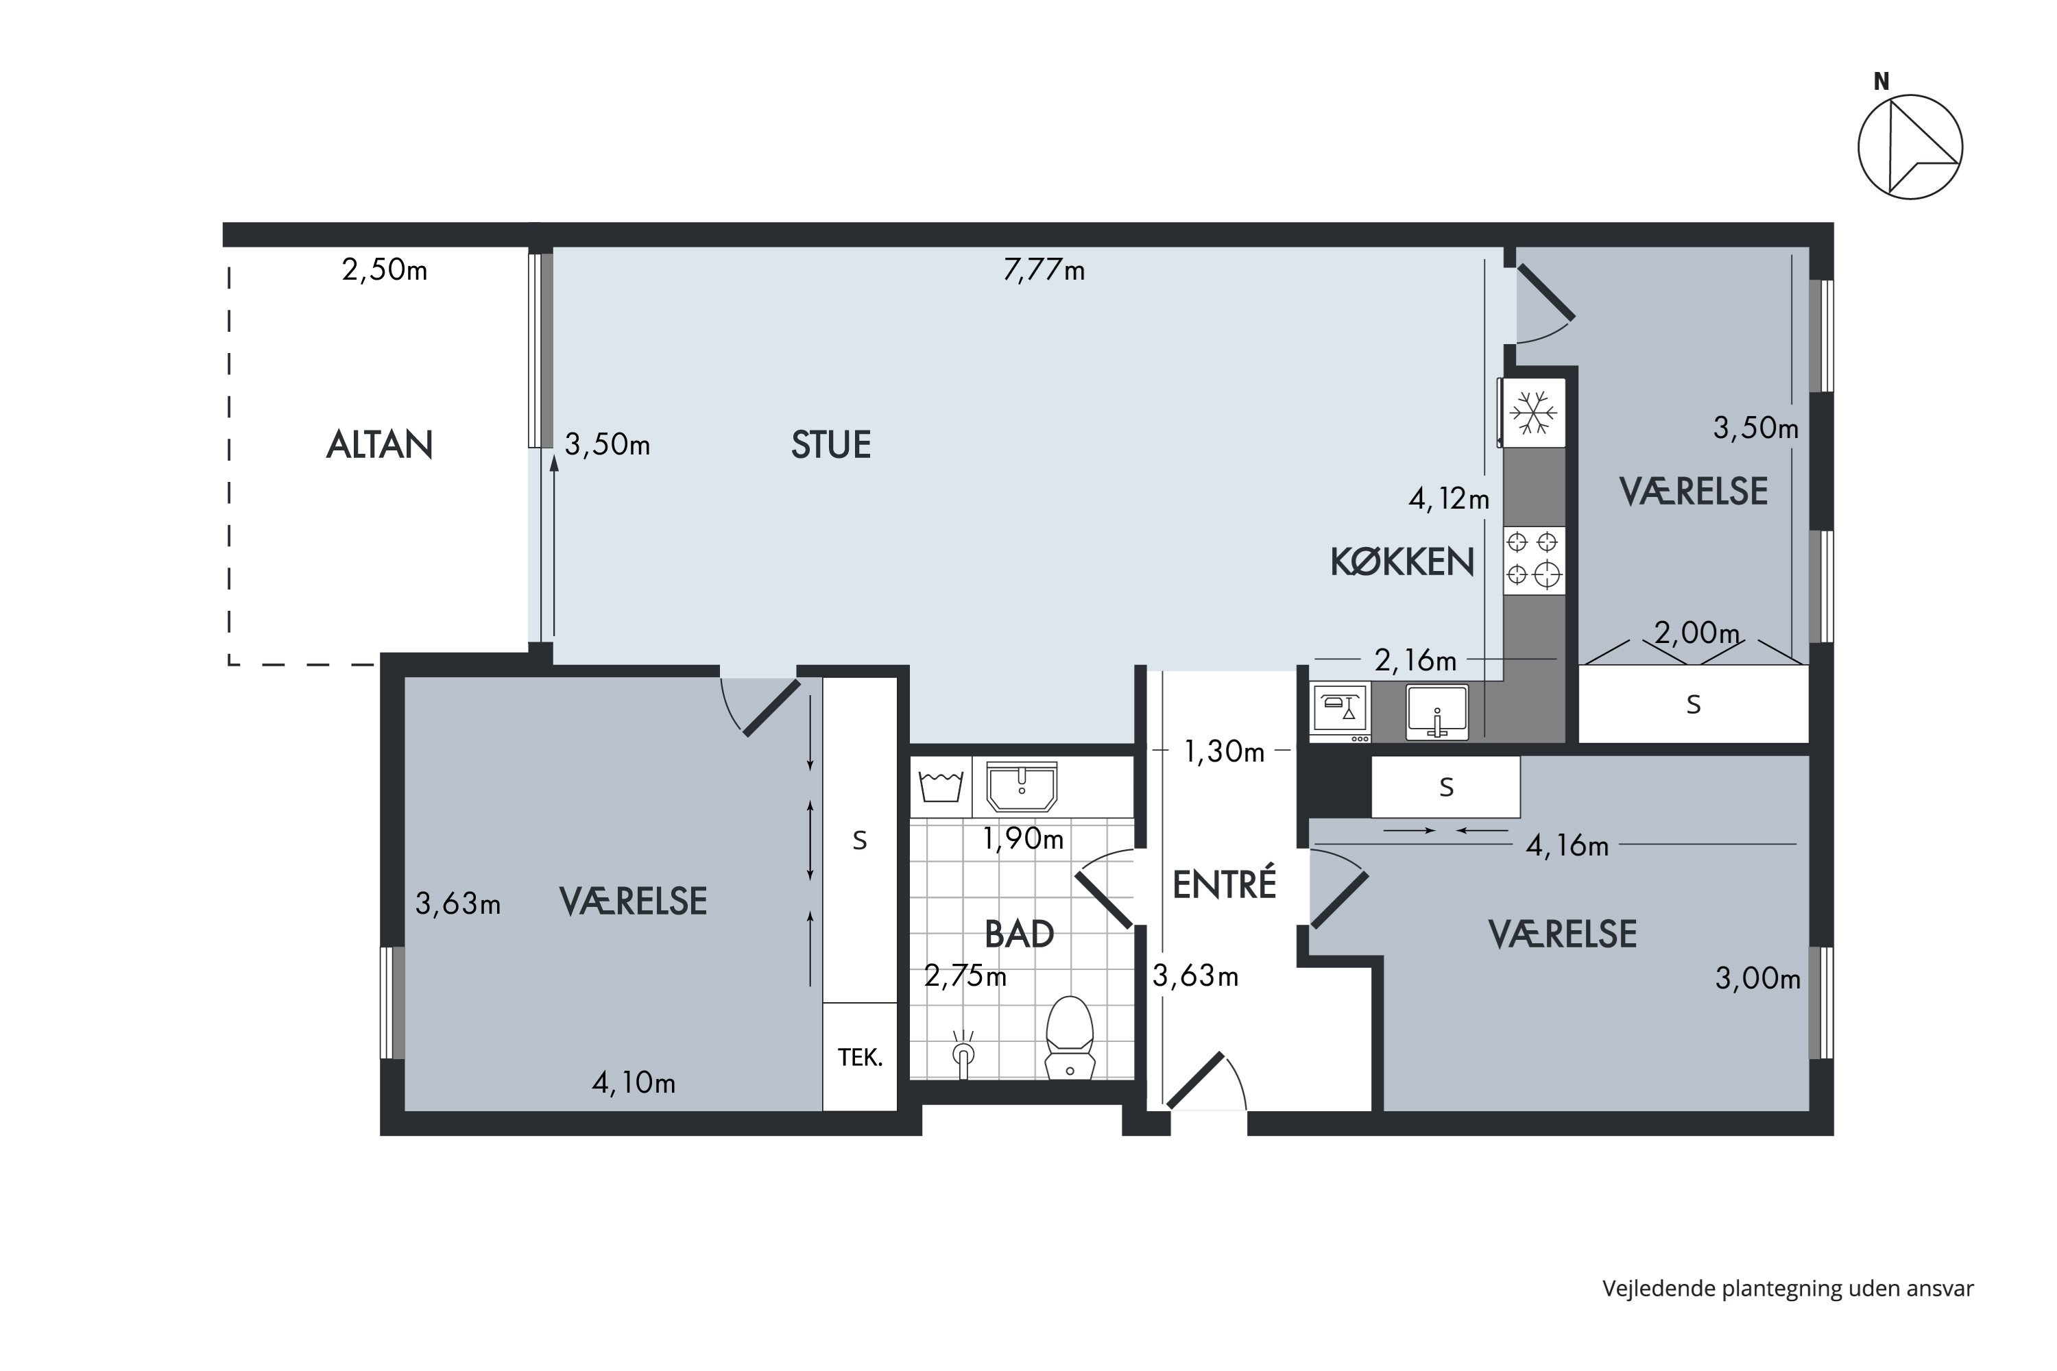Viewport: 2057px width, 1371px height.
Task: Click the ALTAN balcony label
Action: (380, 445)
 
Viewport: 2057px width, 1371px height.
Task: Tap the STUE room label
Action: (831, 445)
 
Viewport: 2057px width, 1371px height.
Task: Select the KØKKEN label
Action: (1402, 562)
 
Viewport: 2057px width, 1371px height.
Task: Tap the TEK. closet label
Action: (860, 1058)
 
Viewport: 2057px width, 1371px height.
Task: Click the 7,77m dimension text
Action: (1044, 270)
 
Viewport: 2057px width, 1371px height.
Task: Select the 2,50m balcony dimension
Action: (385, 270)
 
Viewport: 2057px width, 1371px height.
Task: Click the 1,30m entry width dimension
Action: (1223, 752)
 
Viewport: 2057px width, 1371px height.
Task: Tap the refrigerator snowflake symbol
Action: (1534, 413)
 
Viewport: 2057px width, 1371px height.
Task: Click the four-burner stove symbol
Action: (1534, 561)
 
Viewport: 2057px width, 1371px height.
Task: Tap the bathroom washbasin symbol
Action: (1022, 786)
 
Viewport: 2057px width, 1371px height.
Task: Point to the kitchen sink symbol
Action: (1437, 712)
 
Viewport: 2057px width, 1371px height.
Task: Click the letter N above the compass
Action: (1881, 82)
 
